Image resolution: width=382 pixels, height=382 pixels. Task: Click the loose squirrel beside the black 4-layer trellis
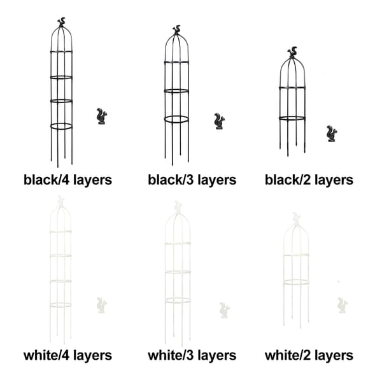102,117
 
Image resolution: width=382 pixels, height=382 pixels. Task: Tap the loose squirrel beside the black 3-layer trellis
219,122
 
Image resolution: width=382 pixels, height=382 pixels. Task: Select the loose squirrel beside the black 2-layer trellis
332,134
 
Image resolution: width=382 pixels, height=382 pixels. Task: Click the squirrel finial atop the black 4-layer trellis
62,22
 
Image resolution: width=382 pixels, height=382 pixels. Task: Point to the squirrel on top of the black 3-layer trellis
176,29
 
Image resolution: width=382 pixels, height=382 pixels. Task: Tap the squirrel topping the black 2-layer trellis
292,52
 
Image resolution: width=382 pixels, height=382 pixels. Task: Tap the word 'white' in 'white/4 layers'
40,355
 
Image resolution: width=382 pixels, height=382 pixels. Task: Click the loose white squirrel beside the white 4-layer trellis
102,305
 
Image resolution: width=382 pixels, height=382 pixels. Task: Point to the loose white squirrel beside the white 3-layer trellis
224,310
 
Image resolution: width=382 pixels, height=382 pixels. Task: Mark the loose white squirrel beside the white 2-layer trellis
343,305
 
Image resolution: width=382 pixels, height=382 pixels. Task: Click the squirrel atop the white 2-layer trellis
296,218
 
